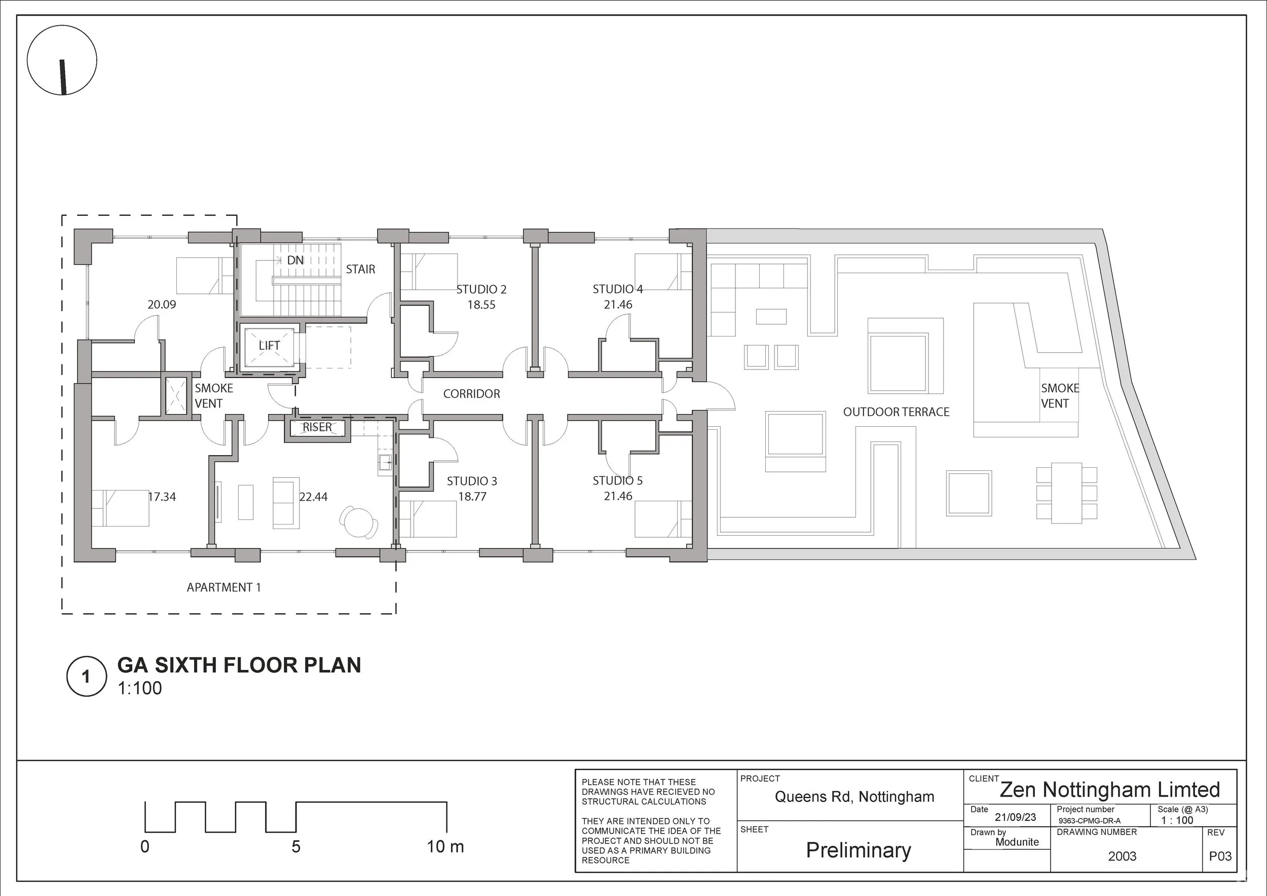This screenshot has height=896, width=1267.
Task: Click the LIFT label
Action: [269, 346]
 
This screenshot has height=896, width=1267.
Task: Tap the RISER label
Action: [317, 427]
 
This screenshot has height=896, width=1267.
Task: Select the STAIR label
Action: [360, 269]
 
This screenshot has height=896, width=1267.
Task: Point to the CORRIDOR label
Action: [472, 394]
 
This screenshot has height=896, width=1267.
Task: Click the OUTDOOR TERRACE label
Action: [896, 412]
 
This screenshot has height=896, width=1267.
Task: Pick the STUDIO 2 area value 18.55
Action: [481, 305]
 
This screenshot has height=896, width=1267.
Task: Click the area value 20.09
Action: [162, 305]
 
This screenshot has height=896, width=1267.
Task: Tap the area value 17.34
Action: [162, 497]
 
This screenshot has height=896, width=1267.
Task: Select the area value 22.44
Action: [313, 497]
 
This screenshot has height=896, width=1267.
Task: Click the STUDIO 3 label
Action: [472, 481]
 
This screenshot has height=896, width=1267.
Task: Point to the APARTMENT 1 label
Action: [223, 587]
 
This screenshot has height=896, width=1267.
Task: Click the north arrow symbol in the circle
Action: [63, 77]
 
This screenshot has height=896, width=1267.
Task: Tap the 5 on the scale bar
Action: [296, 846]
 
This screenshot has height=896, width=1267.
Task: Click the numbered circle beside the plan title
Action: [86, 677]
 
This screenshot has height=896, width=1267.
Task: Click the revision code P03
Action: [1220, 856]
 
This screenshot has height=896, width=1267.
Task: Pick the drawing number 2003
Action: [1123, 856]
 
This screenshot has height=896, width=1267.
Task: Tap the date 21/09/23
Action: [1015, 817]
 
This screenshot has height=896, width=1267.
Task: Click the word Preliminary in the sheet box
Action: [858, 850]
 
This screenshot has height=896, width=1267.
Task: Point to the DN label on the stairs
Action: [295, 260]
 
